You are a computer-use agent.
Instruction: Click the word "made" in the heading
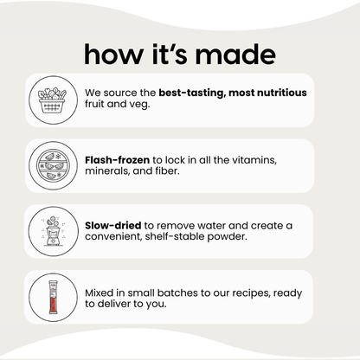(235, 54)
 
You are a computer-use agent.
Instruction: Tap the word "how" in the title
(113, 54)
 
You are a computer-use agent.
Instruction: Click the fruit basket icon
(52, 100)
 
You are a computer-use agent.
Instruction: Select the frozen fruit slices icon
(54, 165)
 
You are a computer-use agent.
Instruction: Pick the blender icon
(53, 231)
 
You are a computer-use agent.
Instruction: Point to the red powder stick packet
(53, 297)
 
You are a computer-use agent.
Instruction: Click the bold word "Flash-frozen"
(117, 160)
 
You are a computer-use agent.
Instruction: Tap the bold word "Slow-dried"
(113, 225)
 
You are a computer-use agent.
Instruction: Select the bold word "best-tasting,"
(191, 93)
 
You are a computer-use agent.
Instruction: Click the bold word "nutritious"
(282, 93)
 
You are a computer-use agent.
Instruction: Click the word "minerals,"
(107, 171)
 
